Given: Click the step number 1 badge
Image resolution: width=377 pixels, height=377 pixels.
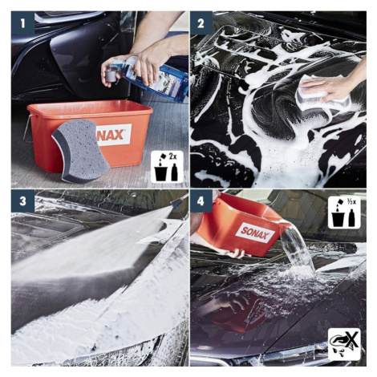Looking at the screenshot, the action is (x=22, y=23).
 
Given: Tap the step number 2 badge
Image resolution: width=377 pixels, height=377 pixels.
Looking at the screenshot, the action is (x=201, y=23).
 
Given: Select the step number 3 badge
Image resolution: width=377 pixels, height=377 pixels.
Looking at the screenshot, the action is (x=22, y=201).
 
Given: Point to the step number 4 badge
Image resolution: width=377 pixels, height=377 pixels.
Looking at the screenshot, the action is (x=201, y=201).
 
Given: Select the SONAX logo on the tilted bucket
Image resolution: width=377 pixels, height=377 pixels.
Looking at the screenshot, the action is (x=255, y=233).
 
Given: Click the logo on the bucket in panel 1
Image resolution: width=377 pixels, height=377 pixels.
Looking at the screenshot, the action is (x=115, y=135).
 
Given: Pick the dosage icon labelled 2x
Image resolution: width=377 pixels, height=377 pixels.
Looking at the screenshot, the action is (x=167, y=167).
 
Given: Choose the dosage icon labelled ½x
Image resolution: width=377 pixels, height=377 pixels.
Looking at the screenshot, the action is (x=344, y=213).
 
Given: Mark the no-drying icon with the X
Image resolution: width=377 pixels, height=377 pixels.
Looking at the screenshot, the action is (x=344, y=344).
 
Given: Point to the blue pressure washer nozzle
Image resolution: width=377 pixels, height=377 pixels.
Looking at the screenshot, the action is (x=179, y=202).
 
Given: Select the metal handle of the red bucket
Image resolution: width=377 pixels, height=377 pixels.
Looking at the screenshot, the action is (x=28, y=128).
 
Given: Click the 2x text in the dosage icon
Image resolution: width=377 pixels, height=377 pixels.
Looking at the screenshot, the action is (x=173, y=157).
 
